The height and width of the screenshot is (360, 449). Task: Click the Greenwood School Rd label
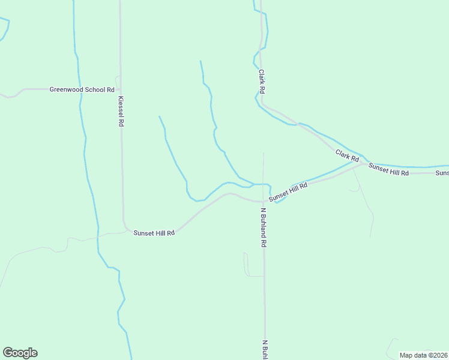click(x=82, y=89)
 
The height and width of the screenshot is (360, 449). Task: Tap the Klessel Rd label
click(x=121, y=111)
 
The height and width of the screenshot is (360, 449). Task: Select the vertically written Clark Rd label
click(x=262, y=81)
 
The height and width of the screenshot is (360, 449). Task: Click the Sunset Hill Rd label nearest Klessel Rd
click(x=154, y=232)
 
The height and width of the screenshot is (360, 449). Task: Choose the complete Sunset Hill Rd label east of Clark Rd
click(x=388, y=169)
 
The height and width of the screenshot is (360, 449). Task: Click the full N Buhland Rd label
click(x=263, y=228)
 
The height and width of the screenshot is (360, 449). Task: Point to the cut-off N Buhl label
click(x=264, y=350)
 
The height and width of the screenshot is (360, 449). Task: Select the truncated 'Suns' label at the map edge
click(x=442, y=173)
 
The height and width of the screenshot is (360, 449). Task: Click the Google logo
click(x=20, y=353)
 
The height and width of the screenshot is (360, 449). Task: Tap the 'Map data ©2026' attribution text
click(x=423, y=355)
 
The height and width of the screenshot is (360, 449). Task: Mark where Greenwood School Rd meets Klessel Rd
click(x=121, y=89)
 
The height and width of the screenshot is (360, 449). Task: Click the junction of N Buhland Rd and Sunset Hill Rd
click(x=264, y=201)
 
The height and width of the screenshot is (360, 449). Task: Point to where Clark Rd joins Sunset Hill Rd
click(x=364, y=163)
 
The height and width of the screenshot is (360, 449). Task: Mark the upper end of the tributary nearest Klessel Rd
click(x=159, y=116)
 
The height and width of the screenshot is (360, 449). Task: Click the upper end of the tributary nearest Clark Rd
click(x=200, y=61)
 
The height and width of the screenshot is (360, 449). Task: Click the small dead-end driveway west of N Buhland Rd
click(x=245, y=254)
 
